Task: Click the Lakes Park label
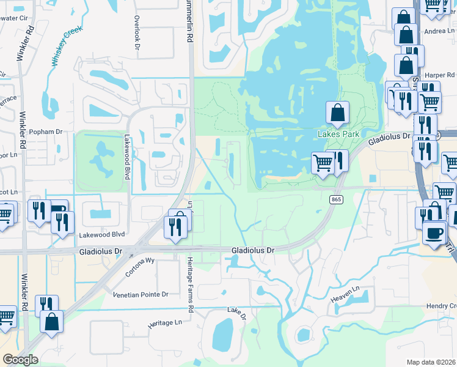pos(337,134)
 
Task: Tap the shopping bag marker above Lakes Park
pos(337,113)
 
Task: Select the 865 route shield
pos(335,199)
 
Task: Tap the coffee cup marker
pos(434,232)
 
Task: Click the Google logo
pos(20,359)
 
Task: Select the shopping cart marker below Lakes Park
pos(323,163)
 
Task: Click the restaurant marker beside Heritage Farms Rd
pos(175,227)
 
